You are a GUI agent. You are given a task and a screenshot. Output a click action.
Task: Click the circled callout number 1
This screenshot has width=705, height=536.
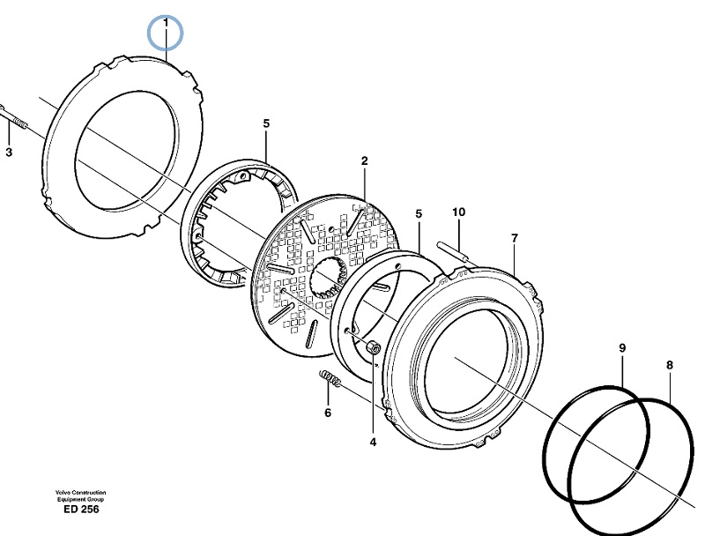click(166, 22)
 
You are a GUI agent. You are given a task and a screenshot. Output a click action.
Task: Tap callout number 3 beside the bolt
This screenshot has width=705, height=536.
click(9, 153)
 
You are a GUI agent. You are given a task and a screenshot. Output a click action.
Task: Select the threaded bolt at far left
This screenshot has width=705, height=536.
click(13, 117)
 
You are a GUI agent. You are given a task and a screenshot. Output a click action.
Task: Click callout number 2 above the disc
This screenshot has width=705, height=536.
click(364, 160)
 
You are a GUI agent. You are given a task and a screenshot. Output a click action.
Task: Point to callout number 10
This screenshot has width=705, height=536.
click(458, 212)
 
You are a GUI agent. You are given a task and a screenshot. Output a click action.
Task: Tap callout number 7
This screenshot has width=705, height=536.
click(515, 238)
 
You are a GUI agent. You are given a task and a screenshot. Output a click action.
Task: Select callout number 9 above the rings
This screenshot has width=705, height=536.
click(622, 347)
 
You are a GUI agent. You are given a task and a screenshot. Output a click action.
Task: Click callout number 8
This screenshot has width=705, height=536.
click(670, 365)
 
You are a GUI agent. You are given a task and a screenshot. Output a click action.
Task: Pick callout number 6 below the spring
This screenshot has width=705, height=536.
click(328, 413)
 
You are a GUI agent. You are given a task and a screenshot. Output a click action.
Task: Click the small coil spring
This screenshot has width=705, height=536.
click(330, 378)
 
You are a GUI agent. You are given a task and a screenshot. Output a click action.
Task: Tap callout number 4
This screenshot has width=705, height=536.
click(373, 443)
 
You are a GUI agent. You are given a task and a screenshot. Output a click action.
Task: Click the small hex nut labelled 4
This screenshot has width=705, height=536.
click(374, 346)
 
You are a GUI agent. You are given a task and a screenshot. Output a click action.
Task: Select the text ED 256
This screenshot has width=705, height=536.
click(81, 509)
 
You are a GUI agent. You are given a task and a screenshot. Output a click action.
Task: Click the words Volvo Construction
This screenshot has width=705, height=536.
click(81, 493)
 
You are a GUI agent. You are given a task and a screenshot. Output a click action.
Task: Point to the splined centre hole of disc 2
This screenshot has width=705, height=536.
click(329, 279)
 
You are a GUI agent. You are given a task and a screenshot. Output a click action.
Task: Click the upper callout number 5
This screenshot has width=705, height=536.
click(266, 123)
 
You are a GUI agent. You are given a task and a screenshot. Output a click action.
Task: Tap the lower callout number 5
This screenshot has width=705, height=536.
click(419, 214)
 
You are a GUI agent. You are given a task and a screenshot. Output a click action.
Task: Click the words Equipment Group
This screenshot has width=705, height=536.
click(80, 499)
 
